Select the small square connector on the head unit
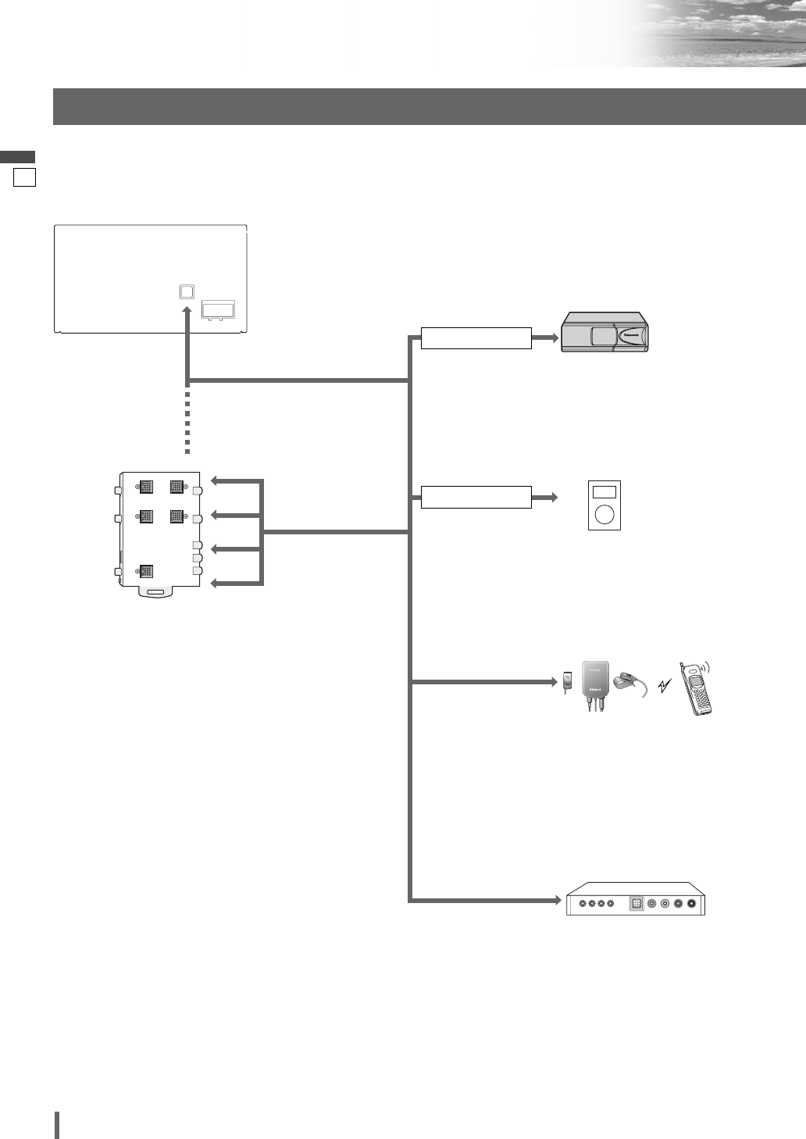tap(186, 291)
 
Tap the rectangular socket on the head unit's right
tap(219, 310)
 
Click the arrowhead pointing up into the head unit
tap(187, 312)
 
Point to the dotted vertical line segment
tap(187, 422)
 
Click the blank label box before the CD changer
tap(476, 338)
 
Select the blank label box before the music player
tap(476, 497)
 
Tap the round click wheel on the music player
tap(604, 515)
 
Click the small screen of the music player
tap(604, 492)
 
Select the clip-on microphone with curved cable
tap(629, 682)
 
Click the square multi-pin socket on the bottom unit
tap(636, 904)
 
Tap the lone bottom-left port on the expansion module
tap(146, 570)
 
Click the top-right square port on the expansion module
tap(177, 486)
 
